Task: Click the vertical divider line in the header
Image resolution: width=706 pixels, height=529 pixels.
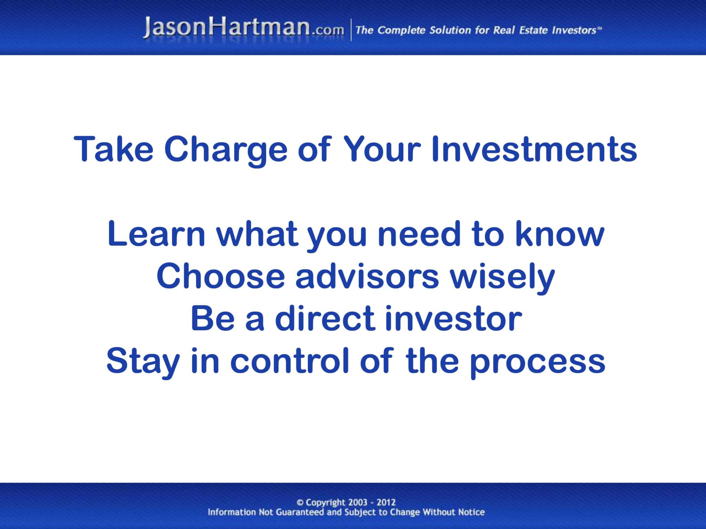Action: (x=351, y=30)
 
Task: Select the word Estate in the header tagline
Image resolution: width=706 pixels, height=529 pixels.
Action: (x=534, y=30)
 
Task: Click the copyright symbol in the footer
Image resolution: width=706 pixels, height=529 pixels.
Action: (x=300, y=502)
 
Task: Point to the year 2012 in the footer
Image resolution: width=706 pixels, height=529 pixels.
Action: (x=386, y=502)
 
